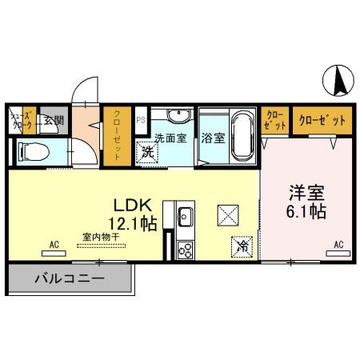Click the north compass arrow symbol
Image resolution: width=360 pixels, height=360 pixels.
coord(338,78)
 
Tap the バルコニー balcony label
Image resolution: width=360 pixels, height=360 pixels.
coord(69,280)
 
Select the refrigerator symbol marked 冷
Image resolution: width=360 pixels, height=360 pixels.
coord(241,247)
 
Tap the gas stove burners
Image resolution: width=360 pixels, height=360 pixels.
coord(186,249)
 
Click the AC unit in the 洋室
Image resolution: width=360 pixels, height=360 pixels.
coord(338,251)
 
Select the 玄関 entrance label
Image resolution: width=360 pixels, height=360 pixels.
coord(54,121)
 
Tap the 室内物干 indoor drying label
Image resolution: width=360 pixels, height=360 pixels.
coord(101,237)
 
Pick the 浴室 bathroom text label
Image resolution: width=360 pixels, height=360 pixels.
coord(213,138)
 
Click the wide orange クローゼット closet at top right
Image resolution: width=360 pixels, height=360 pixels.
coord(322,121)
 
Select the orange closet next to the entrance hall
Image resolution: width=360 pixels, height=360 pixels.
coord(118,135)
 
